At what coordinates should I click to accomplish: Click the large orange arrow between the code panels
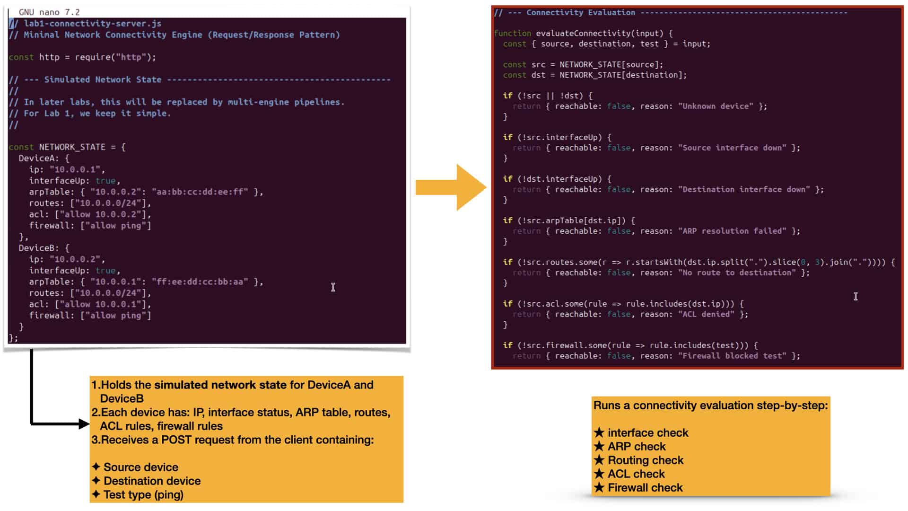click(x=451, y=187)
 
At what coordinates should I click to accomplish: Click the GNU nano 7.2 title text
click(x=49, y=12)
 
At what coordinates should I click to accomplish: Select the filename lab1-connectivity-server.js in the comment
click(x=93, y=23)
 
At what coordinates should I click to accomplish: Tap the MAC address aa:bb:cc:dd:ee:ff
click(x=200, y=192)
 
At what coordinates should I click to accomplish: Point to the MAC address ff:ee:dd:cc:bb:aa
click(x=200, y=282)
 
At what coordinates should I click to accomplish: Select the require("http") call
click(x=113, y=57)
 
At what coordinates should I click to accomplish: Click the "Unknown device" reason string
click(x=716, y=106)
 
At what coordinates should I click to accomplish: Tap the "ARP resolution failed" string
click(x=733, y=231)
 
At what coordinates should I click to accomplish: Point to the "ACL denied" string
click(x=707, y=314)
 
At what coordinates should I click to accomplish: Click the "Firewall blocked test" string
click(x=733, y=356)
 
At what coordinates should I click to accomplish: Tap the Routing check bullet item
click(x=639, y=460)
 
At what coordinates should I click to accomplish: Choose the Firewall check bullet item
click(x=638, y=487)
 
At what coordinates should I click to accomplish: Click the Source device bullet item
click(x=135, y=467)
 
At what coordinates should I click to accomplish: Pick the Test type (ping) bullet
click(x=138, y=494)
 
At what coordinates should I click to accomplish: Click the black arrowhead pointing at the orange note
click(x=84, y=424)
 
